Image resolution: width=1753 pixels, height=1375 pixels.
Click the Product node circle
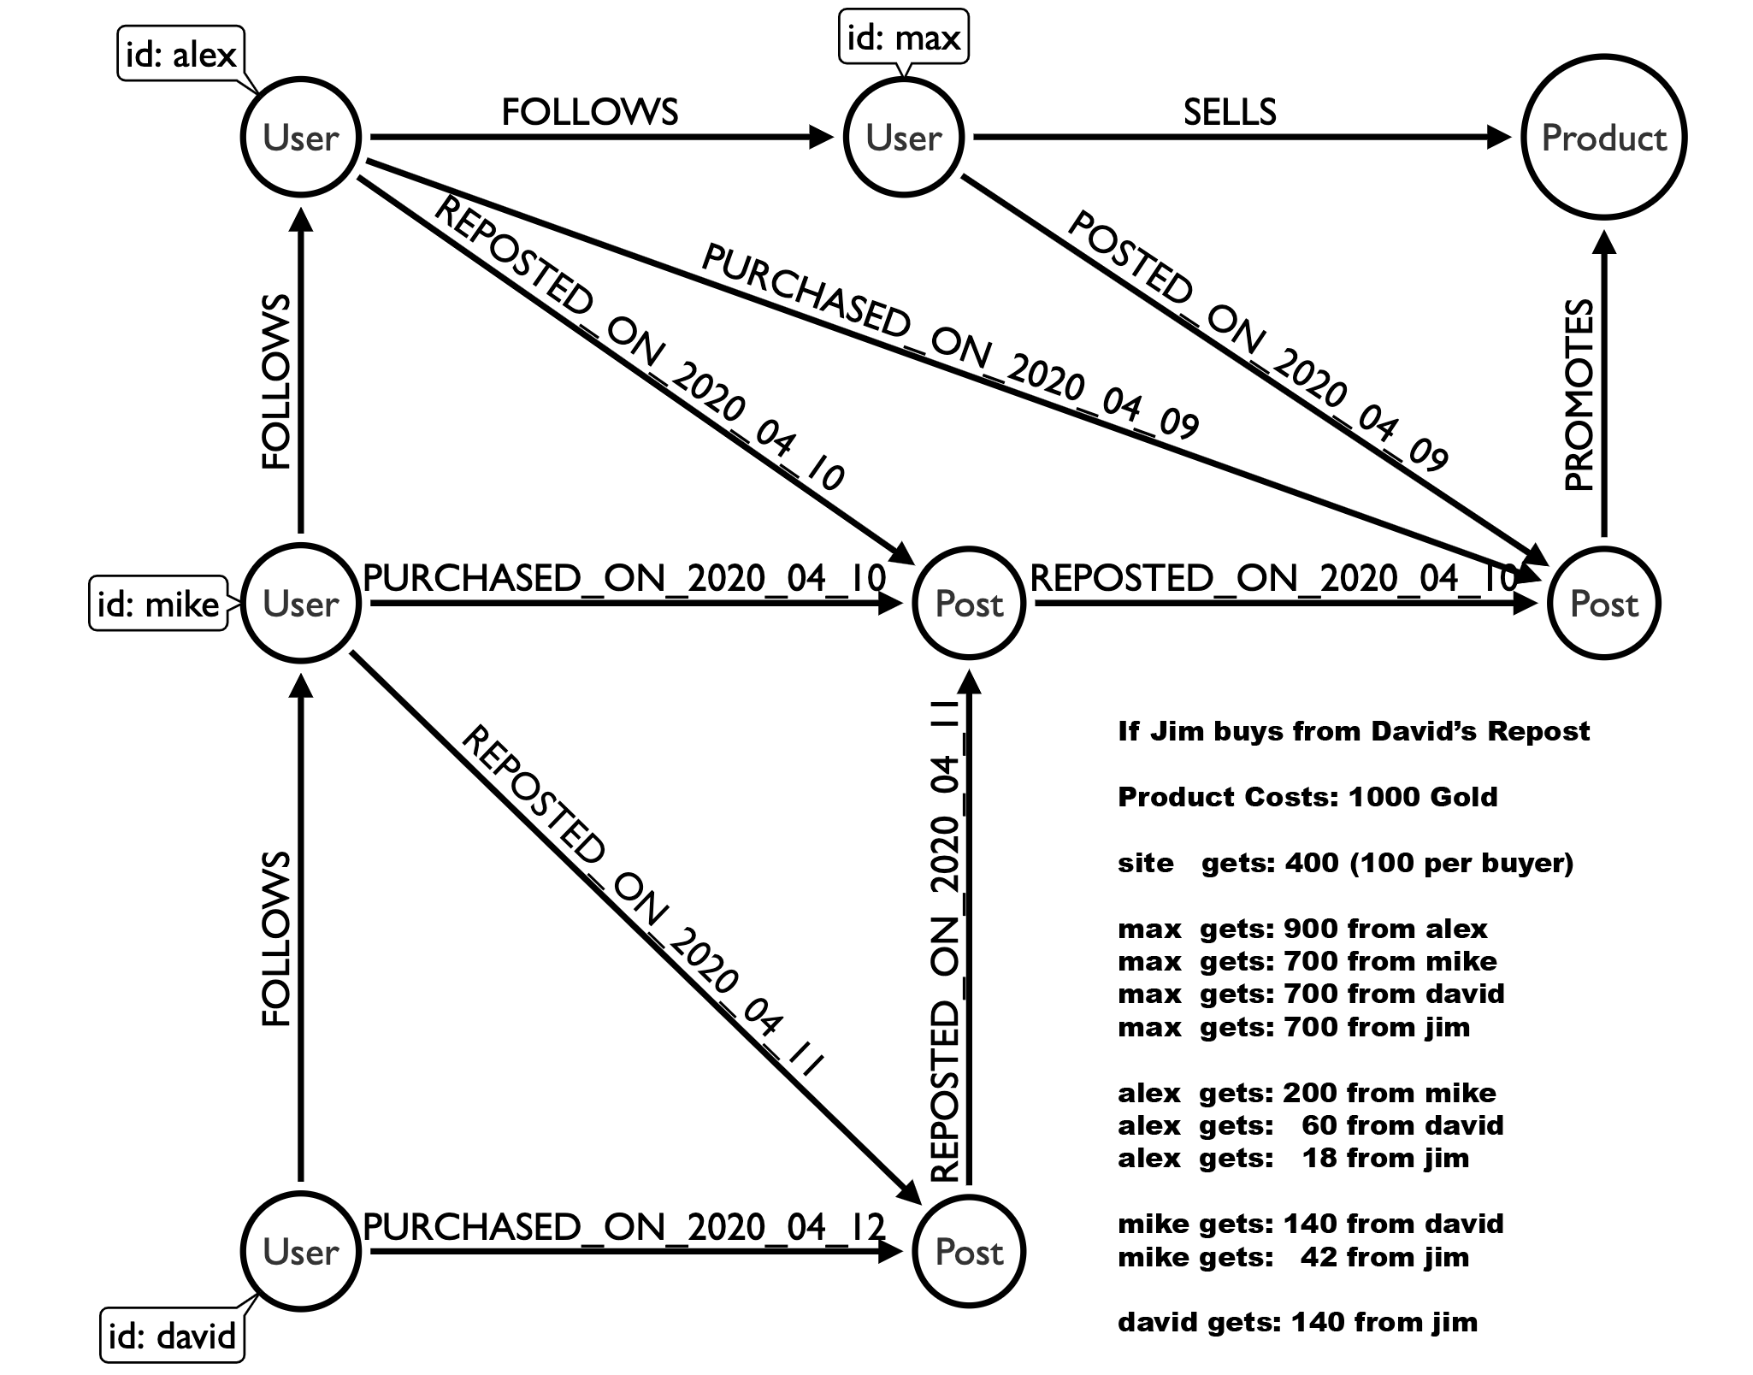click(1603, 137)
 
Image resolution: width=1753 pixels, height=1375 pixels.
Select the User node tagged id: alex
click(301, 137)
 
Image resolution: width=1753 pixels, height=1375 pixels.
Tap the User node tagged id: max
click(904, 137)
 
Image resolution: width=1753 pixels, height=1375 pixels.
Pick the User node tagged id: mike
click(301, 604)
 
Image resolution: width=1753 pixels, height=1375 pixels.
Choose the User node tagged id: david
click(301, 1252)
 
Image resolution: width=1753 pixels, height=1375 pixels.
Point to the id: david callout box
click(172, 1335)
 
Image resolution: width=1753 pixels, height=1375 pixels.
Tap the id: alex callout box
click(180, 56)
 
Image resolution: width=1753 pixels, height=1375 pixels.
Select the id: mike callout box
click(158, 605)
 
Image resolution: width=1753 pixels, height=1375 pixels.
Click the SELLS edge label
click(1230, 112)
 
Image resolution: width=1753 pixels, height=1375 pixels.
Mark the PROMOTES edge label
click(1579, 395)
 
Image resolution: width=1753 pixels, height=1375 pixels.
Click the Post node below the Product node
click(1603, 604)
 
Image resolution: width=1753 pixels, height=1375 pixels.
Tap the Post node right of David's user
click(969, 1252)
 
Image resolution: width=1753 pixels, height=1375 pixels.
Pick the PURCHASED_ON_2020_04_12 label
click(624, 1227)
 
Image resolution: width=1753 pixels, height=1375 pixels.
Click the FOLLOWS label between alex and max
click(589, 112)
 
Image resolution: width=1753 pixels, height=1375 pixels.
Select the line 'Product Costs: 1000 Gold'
click(1307, 797)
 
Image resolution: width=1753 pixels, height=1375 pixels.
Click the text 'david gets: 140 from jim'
click(1297, 1322)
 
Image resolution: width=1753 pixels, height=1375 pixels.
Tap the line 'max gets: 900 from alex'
click(1302, 929)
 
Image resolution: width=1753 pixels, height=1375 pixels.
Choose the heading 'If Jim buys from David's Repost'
click(1354, 731)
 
